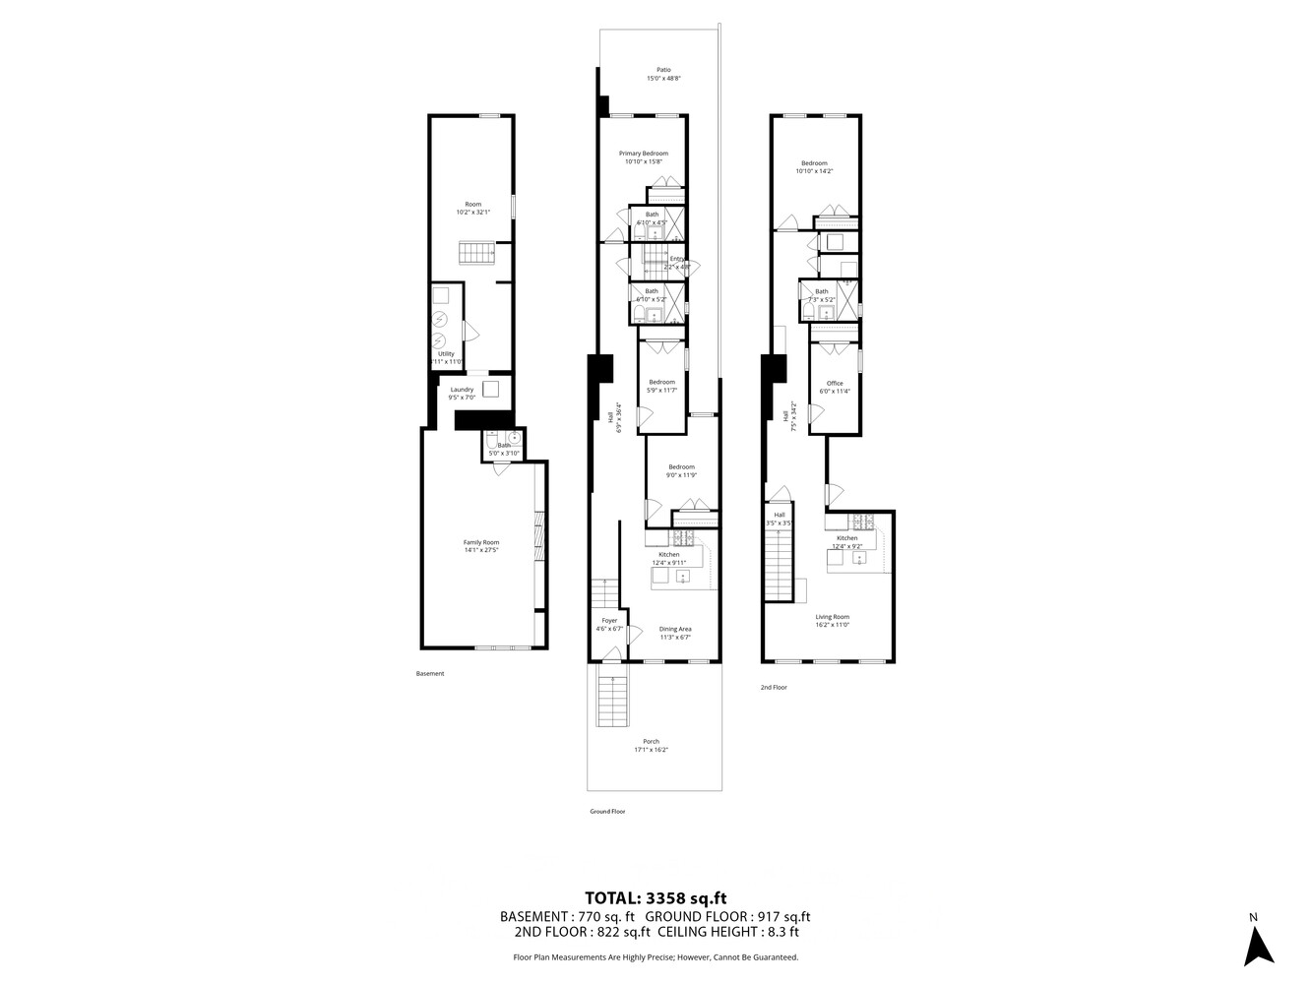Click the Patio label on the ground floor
[x=663, y=70]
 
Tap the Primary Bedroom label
[x=643, y=154]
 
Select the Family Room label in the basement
[x=481, y=542]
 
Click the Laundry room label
[x=462, y=390]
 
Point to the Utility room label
[x=446, y=353]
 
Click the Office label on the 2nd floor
[x=835, y=383]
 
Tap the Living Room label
[x=832, y=617]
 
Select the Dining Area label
[x=674, y=629]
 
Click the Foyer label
[x=609, y=621]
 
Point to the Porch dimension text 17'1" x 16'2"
[x=651, y=750]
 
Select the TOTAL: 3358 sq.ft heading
[x=656, y=896]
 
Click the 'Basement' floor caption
[x=430, y=674]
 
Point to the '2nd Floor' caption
[x=774, y=688]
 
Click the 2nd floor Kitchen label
[x=846, y=538]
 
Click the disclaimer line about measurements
[x=656, y=956]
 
